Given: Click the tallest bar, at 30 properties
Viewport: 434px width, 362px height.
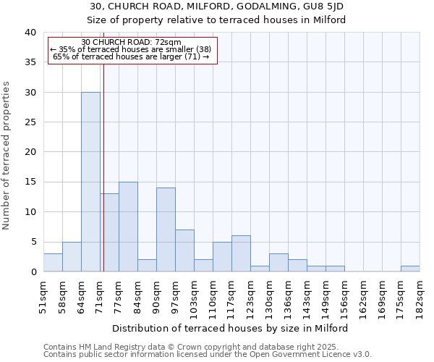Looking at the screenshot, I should (90, 182).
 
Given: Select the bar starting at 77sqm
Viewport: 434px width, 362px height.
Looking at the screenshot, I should (128, 227).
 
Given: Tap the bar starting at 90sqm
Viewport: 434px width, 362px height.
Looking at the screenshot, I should (166, 230).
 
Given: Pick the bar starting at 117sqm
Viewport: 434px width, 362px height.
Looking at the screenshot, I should (241, 253).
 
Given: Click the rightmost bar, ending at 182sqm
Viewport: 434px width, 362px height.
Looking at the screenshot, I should (410, 269).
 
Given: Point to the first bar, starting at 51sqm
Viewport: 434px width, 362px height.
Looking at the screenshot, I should (53, 263).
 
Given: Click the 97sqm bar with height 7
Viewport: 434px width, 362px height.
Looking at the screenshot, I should (184, 251).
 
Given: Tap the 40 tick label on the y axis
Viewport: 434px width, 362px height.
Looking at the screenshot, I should (30, 33).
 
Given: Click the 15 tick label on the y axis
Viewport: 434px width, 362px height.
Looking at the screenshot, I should (30, 182).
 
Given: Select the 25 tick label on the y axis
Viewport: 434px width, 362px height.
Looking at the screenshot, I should (30, 122).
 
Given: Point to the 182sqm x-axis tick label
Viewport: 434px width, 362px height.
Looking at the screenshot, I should (420, 295).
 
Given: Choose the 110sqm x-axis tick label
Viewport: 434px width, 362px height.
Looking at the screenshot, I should (213, 295).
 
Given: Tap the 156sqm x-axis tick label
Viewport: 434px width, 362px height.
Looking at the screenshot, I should (345, 295).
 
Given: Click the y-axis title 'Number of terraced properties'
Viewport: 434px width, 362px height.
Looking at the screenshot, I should (7, 155).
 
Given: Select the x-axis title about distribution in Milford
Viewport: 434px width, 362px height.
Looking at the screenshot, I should (231, 328).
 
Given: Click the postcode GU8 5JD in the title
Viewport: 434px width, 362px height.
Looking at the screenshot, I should (321, 6).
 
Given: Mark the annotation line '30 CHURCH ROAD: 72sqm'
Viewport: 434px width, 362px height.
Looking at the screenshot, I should (132, 43).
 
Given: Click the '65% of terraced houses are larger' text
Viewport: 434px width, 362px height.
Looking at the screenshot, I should (131, 56).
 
